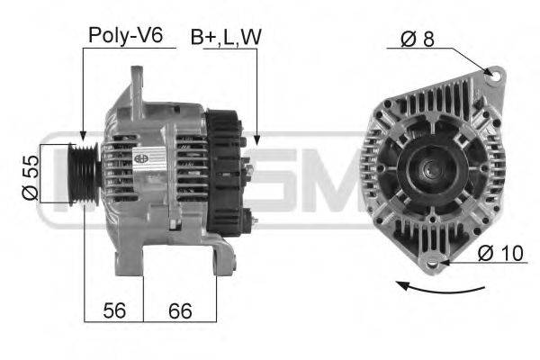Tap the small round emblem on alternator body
(x=142, y=157)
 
